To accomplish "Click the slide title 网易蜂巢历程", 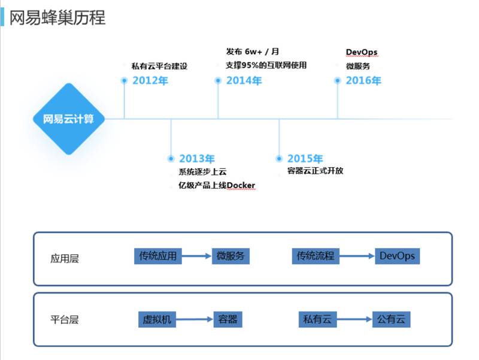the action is tap(57, 17).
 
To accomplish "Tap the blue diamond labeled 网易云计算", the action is tap(69, 119).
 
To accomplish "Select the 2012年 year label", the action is tap(150, 81).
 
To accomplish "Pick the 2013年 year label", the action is tap(197, 159).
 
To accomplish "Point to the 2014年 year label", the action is tap(244, 81).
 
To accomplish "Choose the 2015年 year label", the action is tap(305, 159).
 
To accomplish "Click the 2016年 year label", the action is tap(363, 81).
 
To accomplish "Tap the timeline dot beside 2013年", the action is tap(171, 159).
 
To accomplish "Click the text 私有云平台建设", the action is tap(159, 66).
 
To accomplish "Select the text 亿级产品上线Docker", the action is tap(217, 185).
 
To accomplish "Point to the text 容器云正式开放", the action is tap(316, 171).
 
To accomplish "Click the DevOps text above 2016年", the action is tap(362, 52).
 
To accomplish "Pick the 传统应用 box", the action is tap(158, 256).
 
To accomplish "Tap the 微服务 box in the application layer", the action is tap(231, 256).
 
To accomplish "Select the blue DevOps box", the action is tap(398, 256).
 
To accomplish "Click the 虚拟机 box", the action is tap(157, 319).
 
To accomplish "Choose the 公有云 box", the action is tap(392, 319).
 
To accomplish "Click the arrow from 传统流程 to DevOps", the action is tap(357, 256).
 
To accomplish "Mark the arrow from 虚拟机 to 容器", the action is tap(195, 319).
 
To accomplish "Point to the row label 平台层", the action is tap(65, 320).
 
